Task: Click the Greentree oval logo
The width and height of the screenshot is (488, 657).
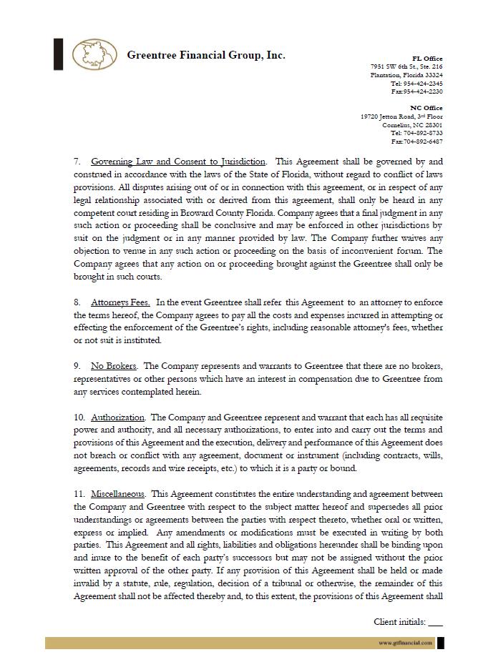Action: tap(95, 55)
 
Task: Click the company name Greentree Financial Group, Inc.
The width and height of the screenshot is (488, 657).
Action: tap(206, 55)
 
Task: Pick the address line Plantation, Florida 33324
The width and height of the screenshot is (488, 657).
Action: tap(406, 75)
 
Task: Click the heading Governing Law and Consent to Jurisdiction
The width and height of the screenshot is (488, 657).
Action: tap(178, 162)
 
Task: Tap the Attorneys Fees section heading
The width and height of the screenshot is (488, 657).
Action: tap(120, 302)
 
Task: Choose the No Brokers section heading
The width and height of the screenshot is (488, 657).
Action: tap(114, 366)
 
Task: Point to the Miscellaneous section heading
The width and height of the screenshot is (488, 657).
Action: tap(118, 494)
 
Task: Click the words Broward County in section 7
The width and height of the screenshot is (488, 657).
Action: tap(215, 213)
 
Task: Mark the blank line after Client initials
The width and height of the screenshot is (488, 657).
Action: tap(435, 623)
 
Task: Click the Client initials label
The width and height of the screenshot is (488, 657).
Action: tap(399, 622)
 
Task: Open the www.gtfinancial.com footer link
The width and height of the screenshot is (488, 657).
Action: tap(406, 643)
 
